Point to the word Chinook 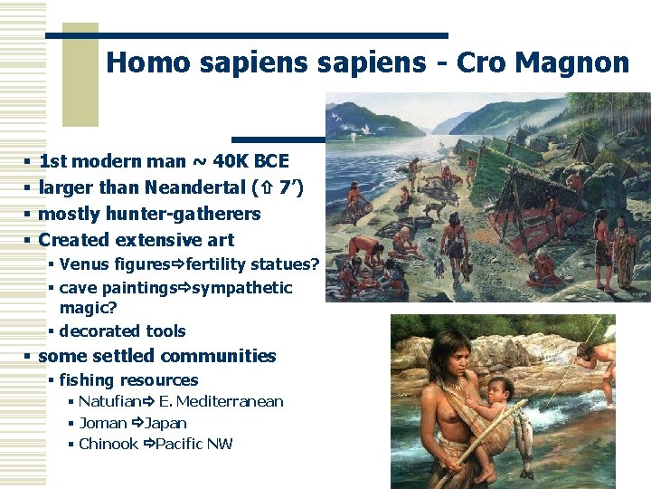point(108,444)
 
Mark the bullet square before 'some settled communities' point(28,357)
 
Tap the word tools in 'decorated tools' point(165,331)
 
